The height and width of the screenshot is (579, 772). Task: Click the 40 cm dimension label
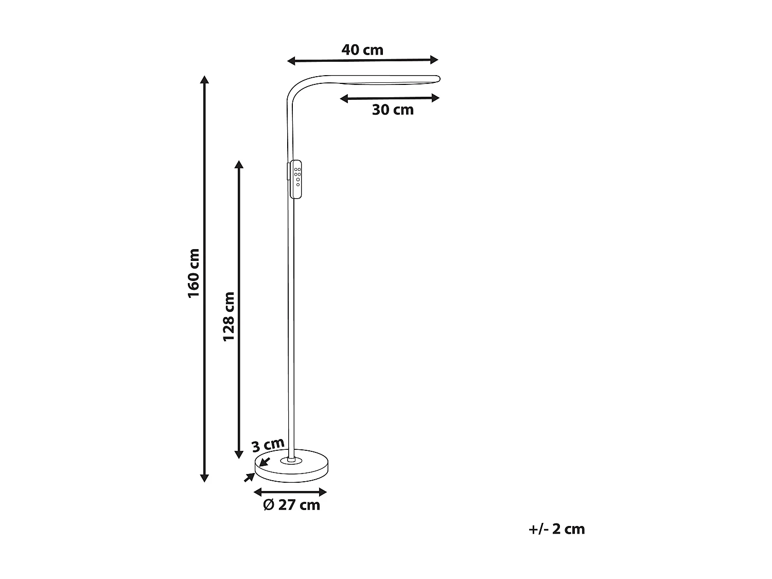(362, 50)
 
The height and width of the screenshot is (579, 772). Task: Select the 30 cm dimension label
(393, 110)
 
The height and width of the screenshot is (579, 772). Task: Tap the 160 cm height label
(194, 273)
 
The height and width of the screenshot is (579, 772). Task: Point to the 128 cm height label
(229, 316)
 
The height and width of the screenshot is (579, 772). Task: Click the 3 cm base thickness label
(268, 444)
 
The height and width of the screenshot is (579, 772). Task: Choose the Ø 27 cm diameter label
(291, 505)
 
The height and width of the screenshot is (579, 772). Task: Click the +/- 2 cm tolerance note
(556, 529)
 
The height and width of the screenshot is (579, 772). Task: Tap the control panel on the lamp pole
(296, 179)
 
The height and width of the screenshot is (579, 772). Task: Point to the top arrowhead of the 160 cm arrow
(204, 80)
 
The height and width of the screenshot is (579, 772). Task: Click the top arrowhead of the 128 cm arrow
(238, 164)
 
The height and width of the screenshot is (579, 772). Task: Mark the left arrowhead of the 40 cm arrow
(291, 61)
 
